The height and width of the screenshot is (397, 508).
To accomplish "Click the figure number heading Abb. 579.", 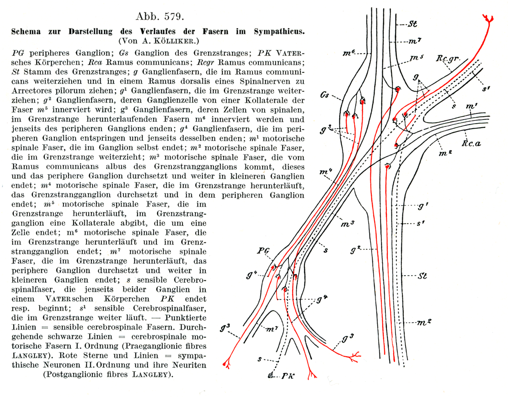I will coord(160,17).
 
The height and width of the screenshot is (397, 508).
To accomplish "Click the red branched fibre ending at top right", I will coord(488,18).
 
